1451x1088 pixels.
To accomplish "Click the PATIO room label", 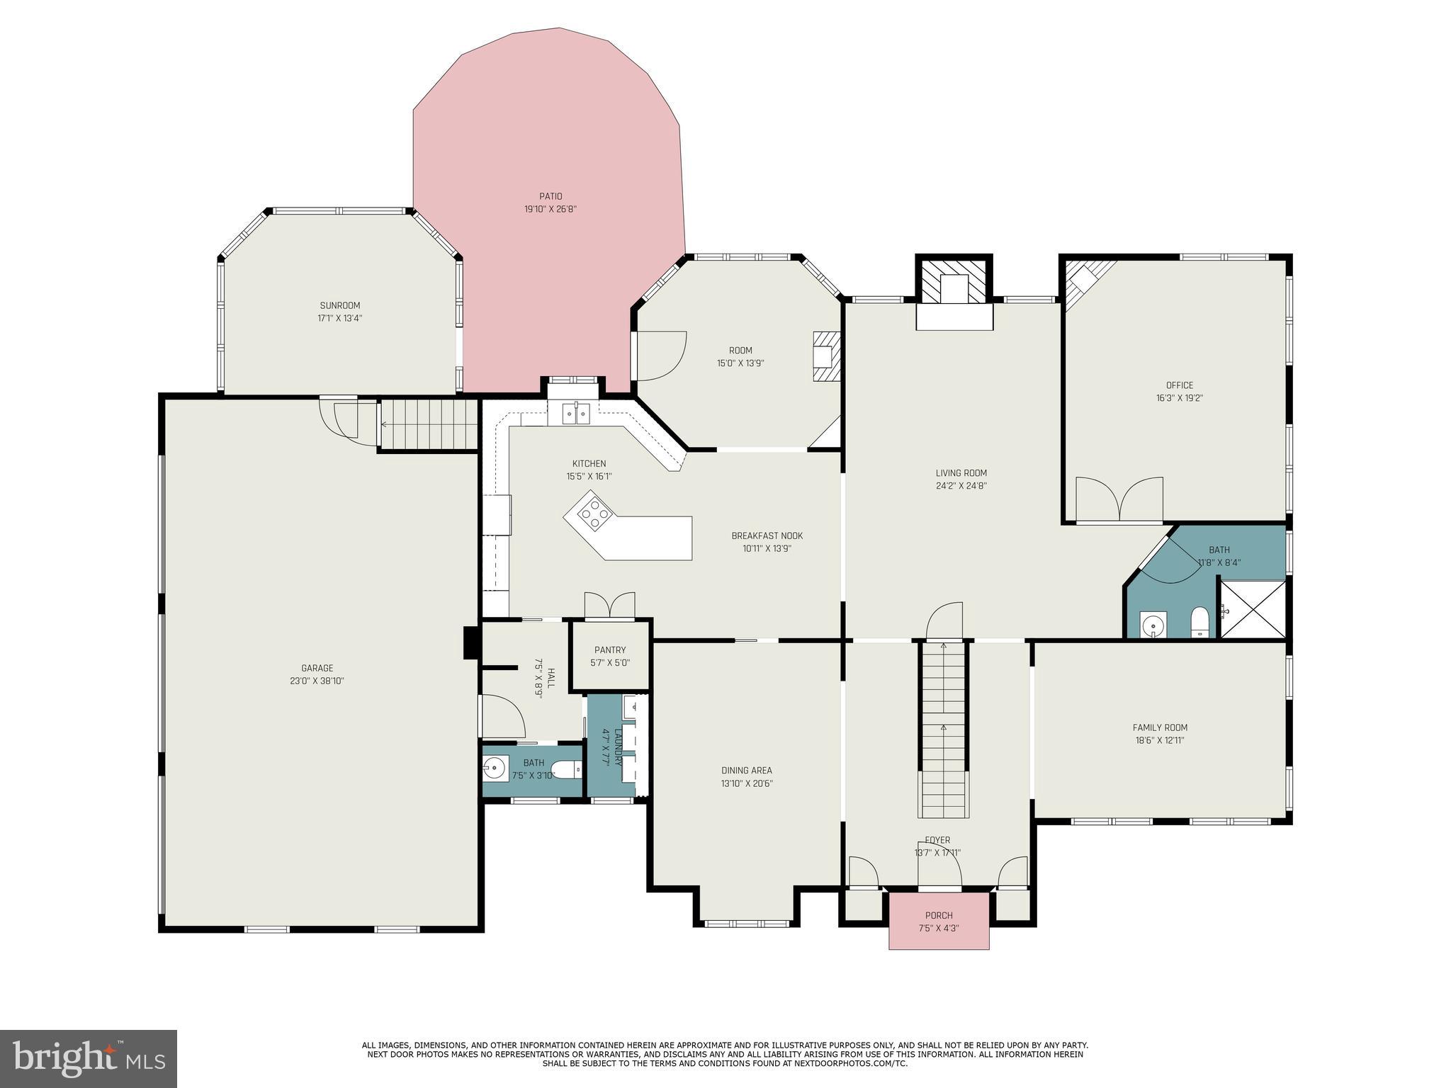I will pos(550,196).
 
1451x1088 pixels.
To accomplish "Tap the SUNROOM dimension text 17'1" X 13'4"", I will pos(339,319).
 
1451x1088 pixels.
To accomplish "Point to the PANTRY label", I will pos(610,650).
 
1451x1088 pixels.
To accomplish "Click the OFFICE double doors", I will pos(1119,499).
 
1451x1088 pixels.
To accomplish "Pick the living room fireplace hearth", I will pos(954,317).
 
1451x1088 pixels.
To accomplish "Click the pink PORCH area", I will pos(939,920).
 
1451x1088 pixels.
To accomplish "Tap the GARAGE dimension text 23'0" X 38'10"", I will pos(317,681).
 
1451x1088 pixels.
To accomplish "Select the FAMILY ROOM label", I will pos(1159,727).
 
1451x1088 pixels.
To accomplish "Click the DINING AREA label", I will pos(746,771).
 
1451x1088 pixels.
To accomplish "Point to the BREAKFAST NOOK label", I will pos(767,535).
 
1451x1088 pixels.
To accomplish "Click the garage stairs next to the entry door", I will pos(428,424).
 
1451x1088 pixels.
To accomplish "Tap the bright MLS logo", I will pos(89,1058).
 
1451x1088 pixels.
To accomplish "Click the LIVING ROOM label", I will pos(961,473).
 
